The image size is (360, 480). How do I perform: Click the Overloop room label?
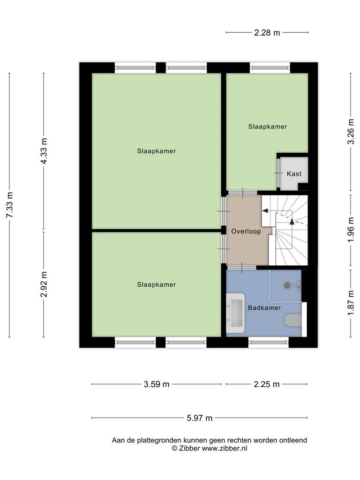(246, 232)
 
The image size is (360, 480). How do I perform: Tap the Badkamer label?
(264, 308)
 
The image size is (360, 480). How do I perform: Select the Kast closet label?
(294, 174)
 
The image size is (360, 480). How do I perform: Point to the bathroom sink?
(235, 313)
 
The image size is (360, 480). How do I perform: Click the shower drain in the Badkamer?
(287, 285)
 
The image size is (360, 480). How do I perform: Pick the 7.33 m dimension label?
(10, 205)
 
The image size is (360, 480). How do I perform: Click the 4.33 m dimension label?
(44, 151)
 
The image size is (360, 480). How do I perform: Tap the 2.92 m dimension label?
(44, 284)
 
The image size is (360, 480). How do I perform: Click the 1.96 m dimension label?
(351, 230)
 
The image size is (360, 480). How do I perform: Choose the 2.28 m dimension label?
(267, 32)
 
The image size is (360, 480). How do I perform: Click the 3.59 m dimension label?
(157, 384)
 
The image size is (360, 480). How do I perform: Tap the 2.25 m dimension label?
(267, 384)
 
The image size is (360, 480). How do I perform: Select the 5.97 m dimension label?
(200, 418)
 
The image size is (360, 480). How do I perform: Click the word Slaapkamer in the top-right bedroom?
(268, 127)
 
